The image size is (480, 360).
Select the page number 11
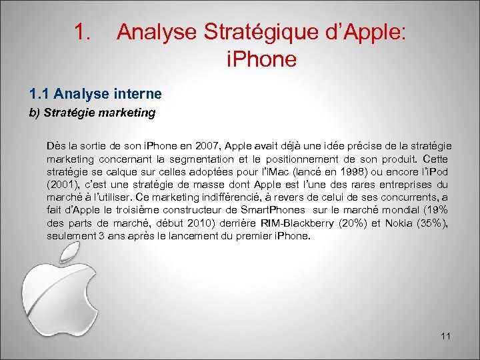pyautogui.click(x=445, y=336)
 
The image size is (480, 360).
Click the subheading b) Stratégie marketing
pyautogui.click(x=93, y=113)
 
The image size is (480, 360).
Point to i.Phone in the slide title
pyautogui.click(x=261, y=60)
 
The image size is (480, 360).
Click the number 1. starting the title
pyautogui.click(x=82, y=32)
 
